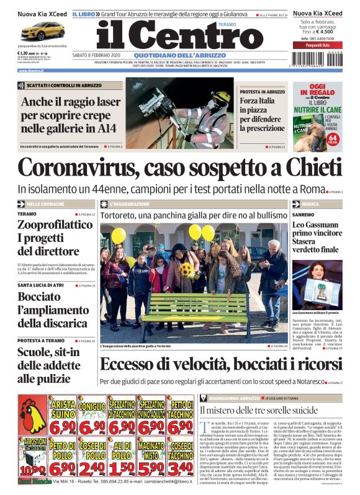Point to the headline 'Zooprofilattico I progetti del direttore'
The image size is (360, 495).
click(x=55, y=238)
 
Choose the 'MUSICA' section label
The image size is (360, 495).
click(x=311, y=203)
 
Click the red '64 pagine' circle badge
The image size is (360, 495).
click(x=332, y=140)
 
